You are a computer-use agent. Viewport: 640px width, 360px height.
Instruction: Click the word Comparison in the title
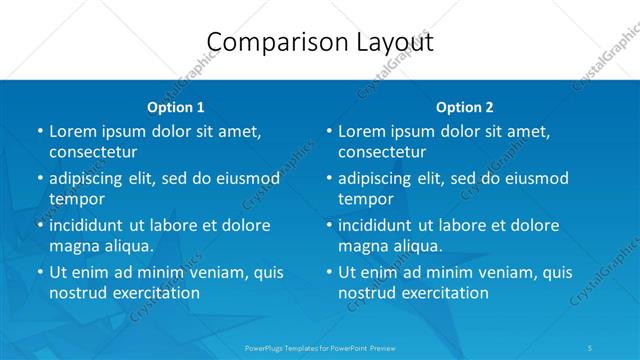(267, 42)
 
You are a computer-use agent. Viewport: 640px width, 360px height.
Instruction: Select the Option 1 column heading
(175, 107)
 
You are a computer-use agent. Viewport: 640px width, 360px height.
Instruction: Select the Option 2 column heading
(464, 107)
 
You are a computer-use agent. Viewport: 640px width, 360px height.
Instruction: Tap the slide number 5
(592, 348)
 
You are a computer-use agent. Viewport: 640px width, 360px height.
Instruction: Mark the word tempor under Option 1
(77, 199)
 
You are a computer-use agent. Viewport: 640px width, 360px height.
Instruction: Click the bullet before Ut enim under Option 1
(39, 272)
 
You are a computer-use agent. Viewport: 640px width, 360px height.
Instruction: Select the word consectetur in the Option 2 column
(381, 152)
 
